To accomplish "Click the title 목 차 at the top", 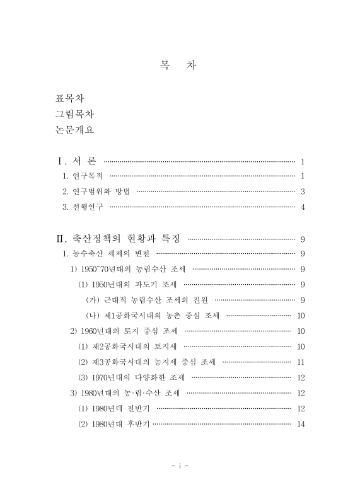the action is pyautogui.click(x=180, y=66).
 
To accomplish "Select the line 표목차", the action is pyautogui.click(x=71, y=99).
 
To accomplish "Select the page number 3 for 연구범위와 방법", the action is pyautogui.click(x=303, y=192).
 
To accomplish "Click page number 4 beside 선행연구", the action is pyautogui.click(x=303, y=207).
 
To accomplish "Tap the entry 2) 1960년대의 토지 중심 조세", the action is pyautogui.click(x=124, y=331).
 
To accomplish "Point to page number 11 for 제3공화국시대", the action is pyautogui.click(x=301, y=362).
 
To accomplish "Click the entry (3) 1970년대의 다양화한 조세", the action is pyautogui.click(x=131, y=377).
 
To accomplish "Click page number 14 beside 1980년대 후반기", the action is pyautogui.click(x=301, y=424).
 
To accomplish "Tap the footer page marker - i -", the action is pyautogui.click(x=180, y=466).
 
